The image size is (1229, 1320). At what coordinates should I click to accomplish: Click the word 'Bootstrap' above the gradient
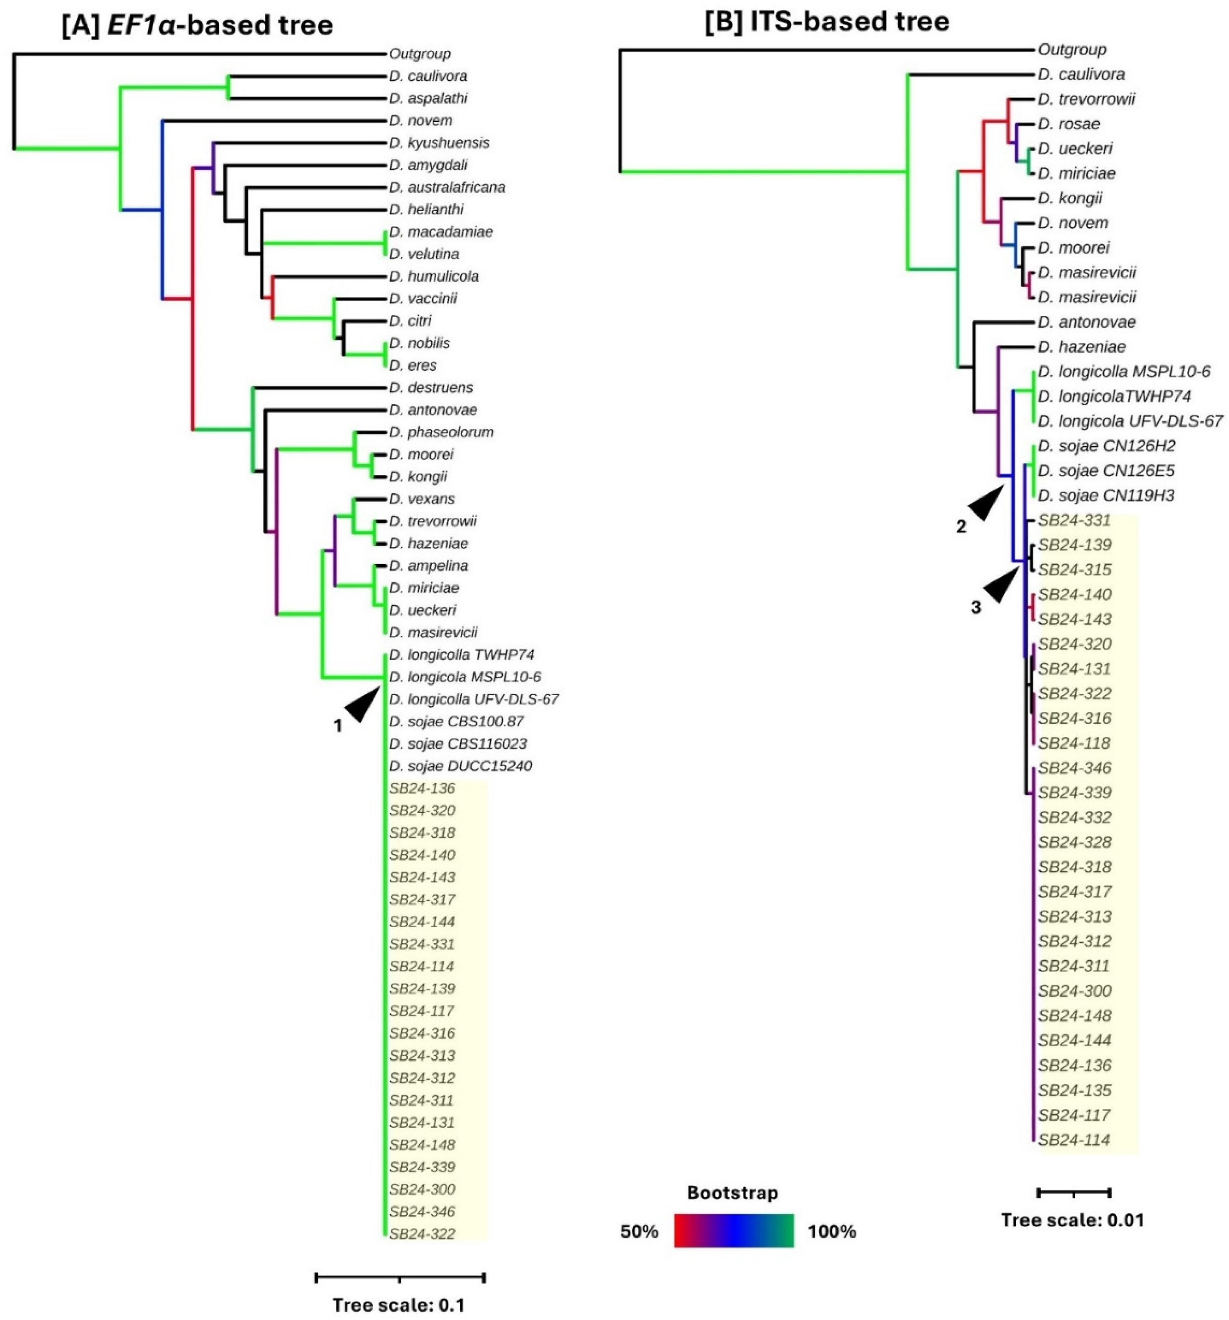732,1192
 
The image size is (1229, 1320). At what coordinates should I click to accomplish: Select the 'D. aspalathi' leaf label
428,98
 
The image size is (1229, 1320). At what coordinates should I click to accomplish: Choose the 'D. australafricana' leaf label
447,187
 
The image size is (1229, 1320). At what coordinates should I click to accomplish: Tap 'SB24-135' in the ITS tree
1074,1089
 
